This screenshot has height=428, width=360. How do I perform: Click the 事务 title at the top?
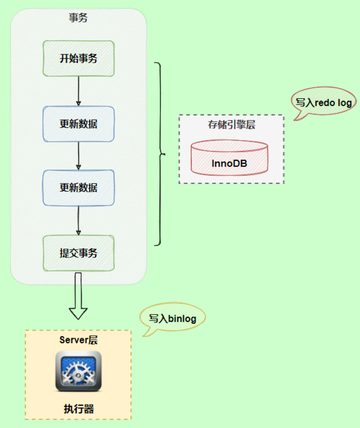(x=78, y=18)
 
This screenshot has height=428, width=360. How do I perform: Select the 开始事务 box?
(x=79, y=58)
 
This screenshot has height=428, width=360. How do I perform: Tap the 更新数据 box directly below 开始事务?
(x=79, y=124)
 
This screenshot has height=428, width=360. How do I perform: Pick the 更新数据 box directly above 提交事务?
(x=79, y=188)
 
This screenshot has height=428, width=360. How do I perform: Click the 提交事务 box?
(x=79, y=253)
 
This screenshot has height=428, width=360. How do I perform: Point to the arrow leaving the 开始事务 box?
(x=79, y=91)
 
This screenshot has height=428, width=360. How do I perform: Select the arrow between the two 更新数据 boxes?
(x=79, y=156)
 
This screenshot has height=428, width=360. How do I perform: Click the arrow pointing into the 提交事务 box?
(x=79, y=221)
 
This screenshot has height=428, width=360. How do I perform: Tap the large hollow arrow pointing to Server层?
(x=78, y=296)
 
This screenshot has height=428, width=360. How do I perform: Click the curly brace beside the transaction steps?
(x=160, y=154)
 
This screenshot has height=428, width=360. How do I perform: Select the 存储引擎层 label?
(x=231, y=125)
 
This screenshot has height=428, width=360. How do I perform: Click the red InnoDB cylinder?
(x=229, y=157)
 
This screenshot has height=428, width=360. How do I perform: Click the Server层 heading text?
(x=79, y=340)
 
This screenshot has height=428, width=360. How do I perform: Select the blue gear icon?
(x=79, y=371)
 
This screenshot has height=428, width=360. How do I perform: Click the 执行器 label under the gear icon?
(x=79, y=409)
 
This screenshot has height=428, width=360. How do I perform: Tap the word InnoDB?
(x=229, y=164)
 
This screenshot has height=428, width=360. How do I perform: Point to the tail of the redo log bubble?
(x=295, y=120)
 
